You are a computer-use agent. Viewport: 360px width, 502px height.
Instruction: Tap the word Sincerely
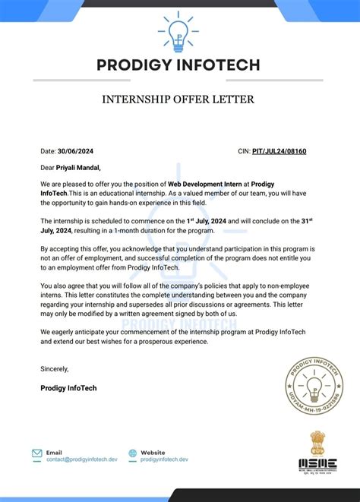(54, 369)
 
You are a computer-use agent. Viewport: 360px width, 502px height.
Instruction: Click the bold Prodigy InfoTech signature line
(68, 388)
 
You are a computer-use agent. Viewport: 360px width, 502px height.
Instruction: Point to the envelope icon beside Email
(37, 454)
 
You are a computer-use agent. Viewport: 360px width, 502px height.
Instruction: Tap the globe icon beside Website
(134, 454)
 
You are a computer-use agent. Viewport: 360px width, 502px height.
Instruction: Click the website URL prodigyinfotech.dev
(165, 459)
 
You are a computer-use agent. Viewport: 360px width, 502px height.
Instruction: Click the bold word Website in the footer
(154, 451)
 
